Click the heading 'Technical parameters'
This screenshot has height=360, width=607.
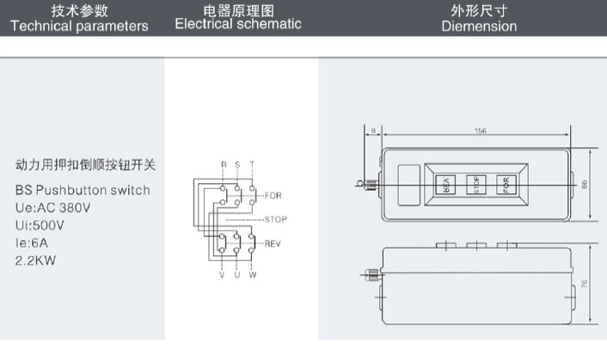[79, 26]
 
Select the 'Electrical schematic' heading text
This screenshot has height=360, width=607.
[238, 24]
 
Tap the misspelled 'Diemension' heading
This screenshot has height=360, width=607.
[479, 26]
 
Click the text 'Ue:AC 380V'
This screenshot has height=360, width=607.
[53, 208]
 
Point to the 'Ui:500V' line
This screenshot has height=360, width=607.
[40, 224]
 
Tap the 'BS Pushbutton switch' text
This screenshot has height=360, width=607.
[83, 191]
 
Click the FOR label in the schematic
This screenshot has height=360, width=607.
[273, 196]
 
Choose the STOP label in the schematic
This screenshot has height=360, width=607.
[275, 220]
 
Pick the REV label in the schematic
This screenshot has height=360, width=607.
[273, 244]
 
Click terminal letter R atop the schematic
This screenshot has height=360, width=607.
[224, 163]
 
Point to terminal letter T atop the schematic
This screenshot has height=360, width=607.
[252, 163]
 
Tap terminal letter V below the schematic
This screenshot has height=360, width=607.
[224, 277]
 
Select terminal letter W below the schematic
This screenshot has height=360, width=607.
[252, 277]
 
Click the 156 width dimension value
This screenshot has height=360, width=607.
[480, 131]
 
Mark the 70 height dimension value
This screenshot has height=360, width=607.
[585, 283]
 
